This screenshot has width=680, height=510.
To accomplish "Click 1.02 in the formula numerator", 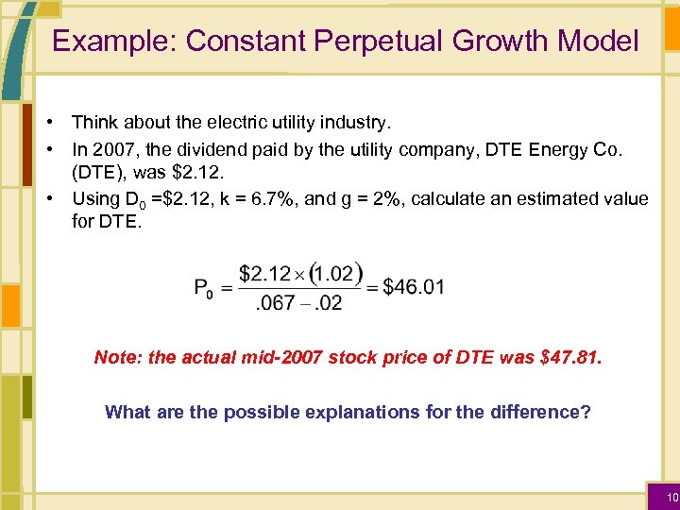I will (x=334, y=273).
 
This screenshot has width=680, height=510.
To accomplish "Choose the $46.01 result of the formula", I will (x=414, y=287).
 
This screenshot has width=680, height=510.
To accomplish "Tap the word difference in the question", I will (x=541, y=412).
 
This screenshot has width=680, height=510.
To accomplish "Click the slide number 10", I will (x=671, y=497).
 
